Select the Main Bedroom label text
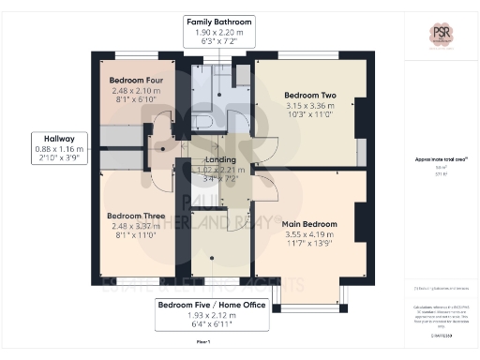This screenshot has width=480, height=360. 309,223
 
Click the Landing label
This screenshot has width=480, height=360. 220,161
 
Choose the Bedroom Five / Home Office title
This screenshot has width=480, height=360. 212,306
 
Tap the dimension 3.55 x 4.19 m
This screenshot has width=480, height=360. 309,234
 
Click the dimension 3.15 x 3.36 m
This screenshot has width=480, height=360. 309,106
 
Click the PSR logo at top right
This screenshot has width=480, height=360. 442,36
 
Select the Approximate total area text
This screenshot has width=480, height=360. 441,159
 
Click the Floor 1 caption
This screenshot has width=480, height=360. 202,343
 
